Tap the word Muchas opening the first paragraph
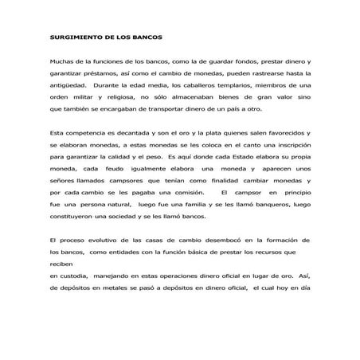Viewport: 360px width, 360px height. coord(61,61)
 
